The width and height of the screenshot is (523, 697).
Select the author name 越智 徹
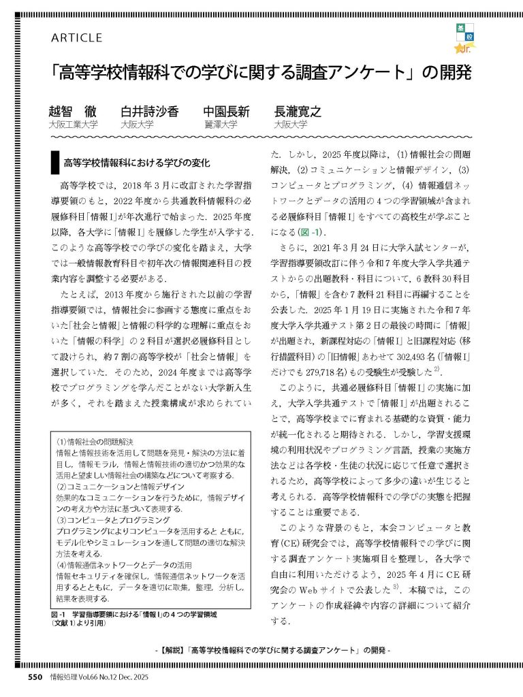pos(73,112)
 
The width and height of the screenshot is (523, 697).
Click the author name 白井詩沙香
pos(150,112)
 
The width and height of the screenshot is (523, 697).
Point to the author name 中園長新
pos(227,112)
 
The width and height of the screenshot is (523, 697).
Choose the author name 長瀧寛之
pos(298,112)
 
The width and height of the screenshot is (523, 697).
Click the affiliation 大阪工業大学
pos(73,125)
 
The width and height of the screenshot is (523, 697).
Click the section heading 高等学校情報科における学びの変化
pos(138,163)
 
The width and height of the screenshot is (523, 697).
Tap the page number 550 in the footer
pos(36,677)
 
